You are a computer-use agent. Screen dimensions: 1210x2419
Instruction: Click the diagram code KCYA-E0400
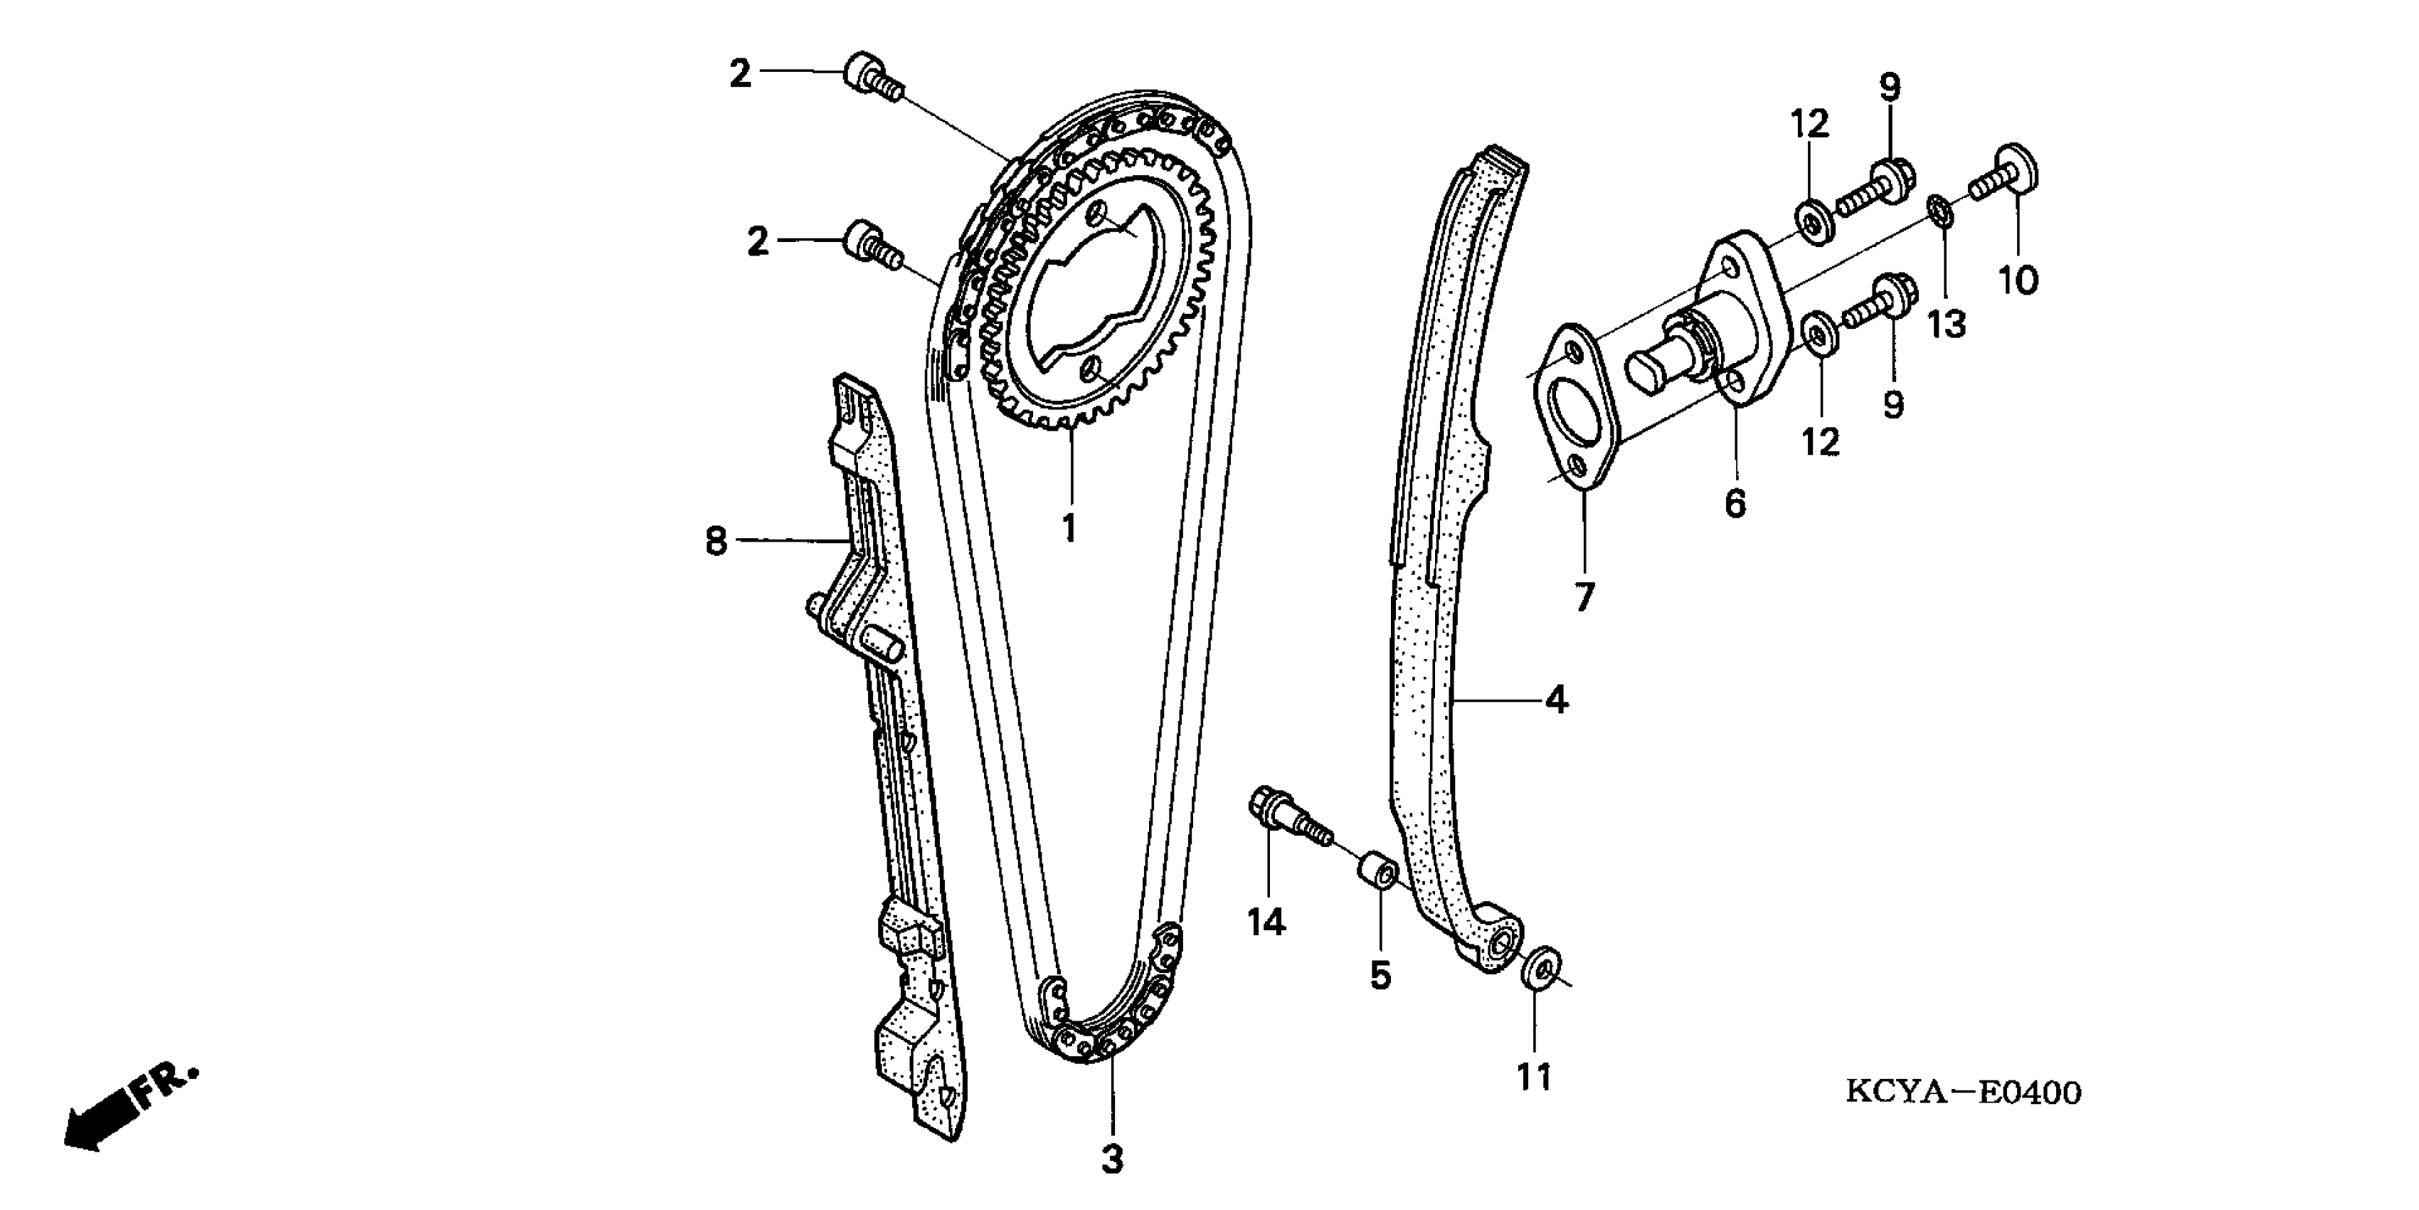tap(1964, 1093)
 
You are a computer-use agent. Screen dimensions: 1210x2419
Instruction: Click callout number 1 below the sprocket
tap(1069, 529)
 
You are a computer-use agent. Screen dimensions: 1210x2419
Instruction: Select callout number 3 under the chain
tap(1112, 1159)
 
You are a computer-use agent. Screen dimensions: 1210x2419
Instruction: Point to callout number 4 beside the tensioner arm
tap(1556, 699)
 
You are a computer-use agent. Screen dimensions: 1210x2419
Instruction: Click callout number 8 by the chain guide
tap(716, 541)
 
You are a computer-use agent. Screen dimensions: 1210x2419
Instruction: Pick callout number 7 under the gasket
tap(1584, 596)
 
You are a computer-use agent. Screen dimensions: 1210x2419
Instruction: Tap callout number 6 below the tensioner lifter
tap(1735, 503)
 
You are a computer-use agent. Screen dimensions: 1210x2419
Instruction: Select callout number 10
tap(2018, 280)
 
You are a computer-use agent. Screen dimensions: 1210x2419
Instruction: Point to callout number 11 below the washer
tap(1535, 1077)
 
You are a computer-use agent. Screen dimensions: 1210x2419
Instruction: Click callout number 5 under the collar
tap(1380, 975)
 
